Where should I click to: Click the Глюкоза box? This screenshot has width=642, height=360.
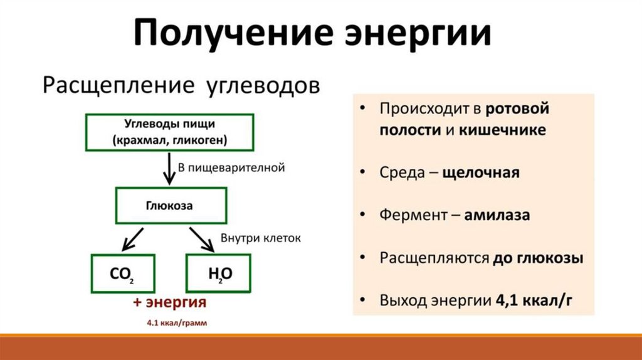point(169,205)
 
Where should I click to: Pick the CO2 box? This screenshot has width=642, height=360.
point(123,273)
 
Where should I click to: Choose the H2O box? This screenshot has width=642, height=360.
point(219,273)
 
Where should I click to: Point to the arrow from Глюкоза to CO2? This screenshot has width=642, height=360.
point(134,238)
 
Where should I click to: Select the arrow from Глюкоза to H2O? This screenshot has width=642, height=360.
point(202,238)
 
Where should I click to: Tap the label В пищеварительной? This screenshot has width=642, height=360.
point(231,167)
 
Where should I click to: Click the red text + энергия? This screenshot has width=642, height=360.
point(170,303)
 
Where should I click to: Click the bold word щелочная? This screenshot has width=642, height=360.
point(481,172)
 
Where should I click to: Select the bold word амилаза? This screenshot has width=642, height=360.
point(498,215)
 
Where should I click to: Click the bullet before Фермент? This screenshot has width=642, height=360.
point(365,215)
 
